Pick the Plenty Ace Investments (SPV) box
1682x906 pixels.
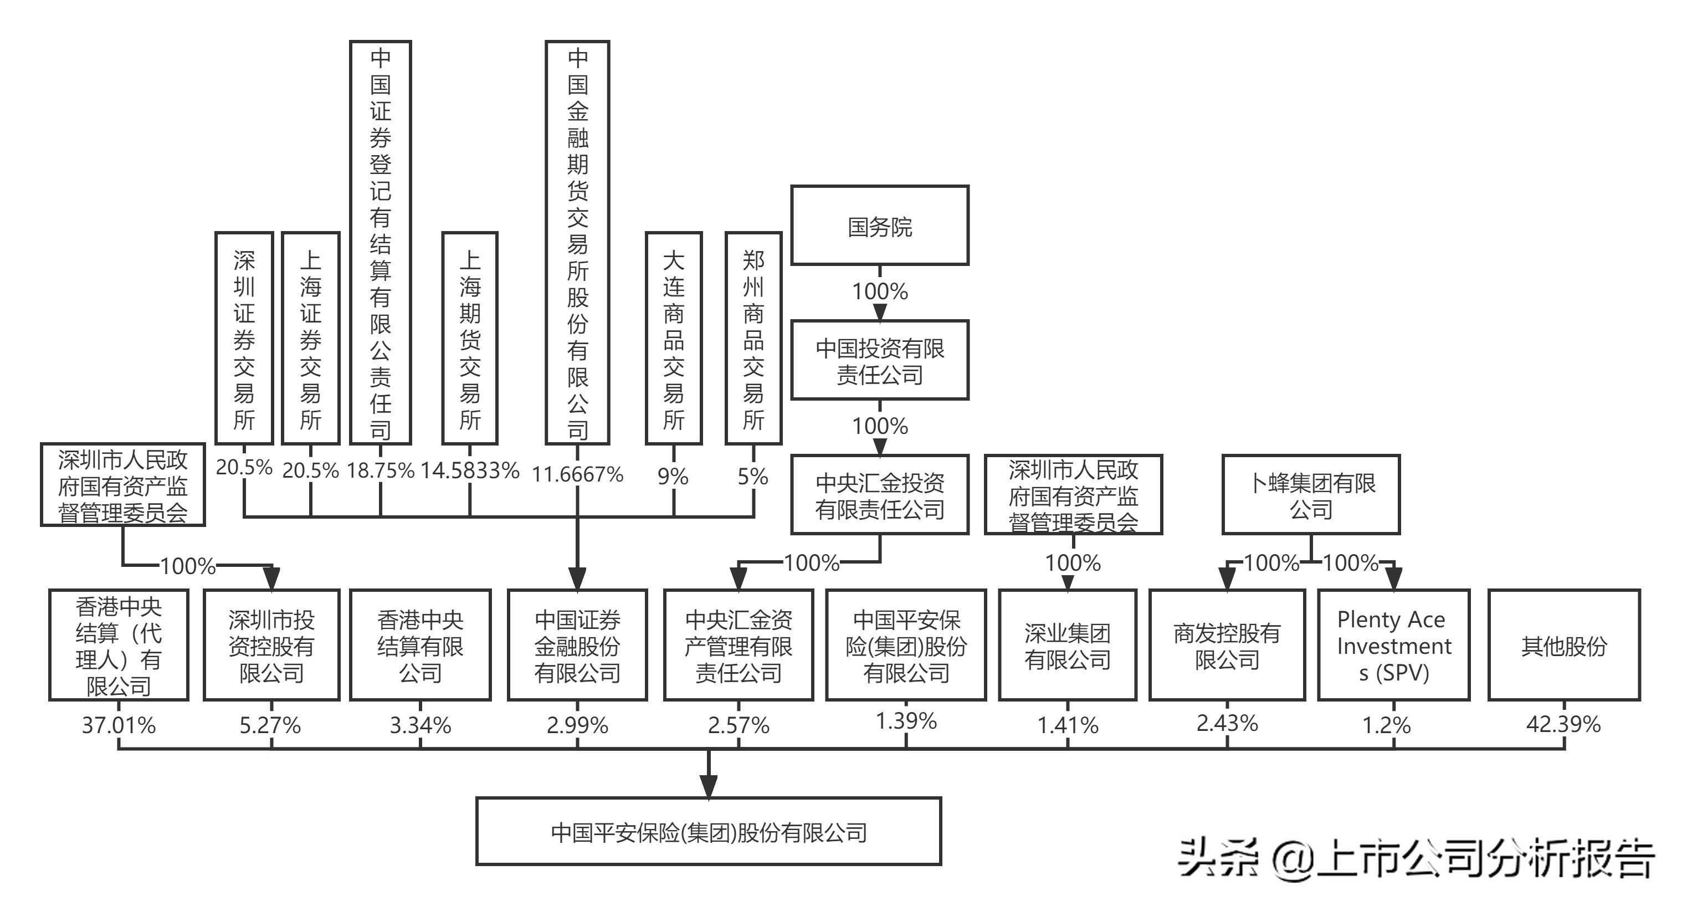[1393, 646]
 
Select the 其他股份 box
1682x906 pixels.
[1563, 646]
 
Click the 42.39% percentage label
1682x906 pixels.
[1563, 724]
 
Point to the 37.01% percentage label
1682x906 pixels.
[118, 725]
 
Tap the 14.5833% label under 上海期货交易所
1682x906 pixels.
[469, 470]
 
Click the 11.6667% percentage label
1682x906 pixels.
[577, 474]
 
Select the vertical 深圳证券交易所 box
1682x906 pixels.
[244, 339]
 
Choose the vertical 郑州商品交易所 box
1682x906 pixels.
[753, 339]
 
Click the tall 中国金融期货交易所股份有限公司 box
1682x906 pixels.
[577, 242]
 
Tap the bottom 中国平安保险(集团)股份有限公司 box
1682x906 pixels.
[709, 832]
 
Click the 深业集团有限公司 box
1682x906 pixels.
[1067, 646]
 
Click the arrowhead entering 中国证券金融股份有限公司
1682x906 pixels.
[577, 579]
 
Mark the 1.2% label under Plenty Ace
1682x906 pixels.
[1386, 725]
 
